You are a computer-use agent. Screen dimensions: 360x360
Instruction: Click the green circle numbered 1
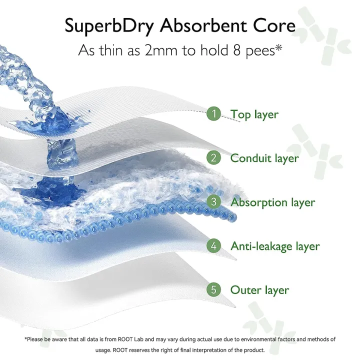[214, 114]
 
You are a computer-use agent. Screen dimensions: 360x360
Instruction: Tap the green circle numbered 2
[214, 158]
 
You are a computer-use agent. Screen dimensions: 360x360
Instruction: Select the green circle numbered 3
[214, 202]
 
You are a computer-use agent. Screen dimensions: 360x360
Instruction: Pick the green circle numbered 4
[214, 246]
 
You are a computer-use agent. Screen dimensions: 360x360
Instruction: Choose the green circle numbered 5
[214, 290]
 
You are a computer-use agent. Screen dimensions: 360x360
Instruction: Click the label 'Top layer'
[254, 114]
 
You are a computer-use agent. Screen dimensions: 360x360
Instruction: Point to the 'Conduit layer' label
[264, 158]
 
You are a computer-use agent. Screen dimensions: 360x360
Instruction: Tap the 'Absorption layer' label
[272, 202]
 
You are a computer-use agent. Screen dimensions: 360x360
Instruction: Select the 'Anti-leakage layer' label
[275, 246]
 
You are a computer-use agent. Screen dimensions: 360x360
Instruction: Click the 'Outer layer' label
[259, 290]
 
